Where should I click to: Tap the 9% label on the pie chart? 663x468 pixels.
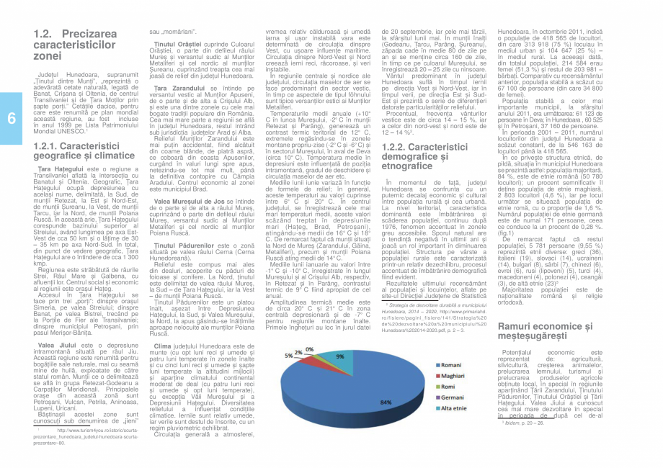point(339,356)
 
